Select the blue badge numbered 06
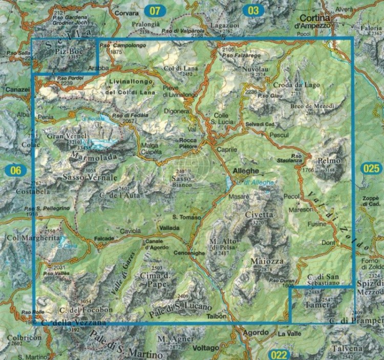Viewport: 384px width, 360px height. [16, 171]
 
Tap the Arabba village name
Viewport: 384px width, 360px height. [99, 68]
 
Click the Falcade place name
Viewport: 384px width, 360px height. [104, 239]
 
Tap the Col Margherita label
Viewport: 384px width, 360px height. [26, 238]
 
